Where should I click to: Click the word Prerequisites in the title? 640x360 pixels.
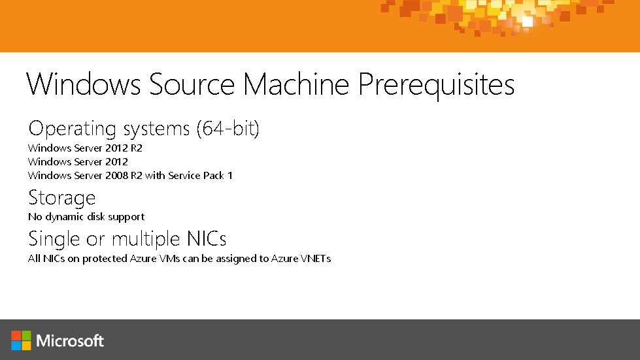pos(436,85)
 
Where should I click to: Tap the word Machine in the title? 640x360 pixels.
pos(297,85)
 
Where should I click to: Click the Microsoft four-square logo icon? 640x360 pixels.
pos(21,340)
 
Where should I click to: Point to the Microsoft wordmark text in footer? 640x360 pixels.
pos(70,340)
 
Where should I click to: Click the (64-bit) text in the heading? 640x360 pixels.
pos(227,129)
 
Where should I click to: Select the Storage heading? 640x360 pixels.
pos(62,197)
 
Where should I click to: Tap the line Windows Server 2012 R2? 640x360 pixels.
pos(85,148)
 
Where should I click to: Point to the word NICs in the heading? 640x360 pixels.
pos(205,238)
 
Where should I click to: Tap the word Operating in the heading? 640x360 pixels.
pos(72,129)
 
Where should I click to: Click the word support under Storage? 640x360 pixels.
pos(126,217)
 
